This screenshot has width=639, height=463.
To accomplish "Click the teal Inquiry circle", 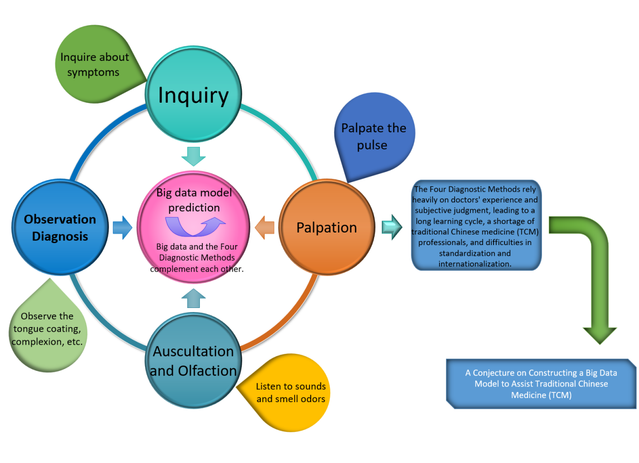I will (x=193, y=96).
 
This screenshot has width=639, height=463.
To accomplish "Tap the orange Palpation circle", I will (x=326, y=227).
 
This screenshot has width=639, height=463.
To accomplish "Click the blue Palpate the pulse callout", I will (x=374, y=136).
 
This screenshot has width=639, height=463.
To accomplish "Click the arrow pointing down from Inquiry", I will (x=194, y=157).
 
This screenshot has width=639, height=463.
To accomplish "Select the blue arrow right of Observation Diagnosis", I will (x=122, y=227).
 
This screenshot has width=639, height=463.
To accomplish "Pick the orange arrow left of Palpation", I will (x=265, y=227).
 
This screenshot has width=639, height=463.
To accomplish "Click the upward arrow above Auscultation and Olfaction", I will (x=193, y=298).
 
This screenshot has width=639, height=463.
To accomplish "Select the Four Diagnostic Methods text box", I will (x=476, y=226).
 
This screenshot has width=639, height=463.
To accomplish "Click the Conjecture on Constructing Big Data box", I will (x=541, y=383).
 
